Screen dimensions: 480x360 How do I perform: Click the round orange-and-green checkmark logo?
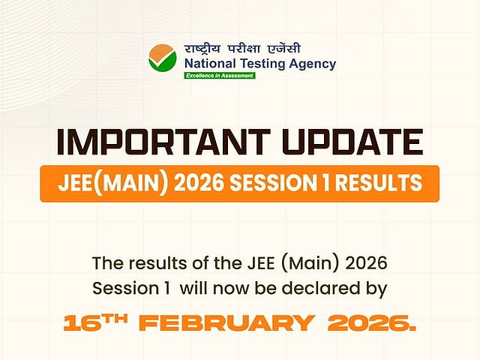click(163, 58)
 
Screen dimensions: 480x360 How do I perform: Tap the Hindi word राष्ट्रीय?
click(202, 49)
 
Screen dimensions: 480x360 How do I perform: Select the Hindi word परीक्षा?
click(244, 49)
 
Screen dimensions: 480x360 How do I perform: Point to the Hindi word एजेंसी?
click(283, 49)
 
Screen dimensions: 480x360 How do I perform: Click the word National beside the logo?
click(210, 64)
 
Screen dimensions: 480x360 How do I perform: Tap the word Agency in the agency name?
click(313, 64)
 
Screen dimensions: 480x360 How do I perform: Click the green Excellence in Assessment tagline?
click(220, 76)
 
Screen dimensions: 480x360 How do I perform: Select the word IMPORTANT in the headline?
click(164, 142)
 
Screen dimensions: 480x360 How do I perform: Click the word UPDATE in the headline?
click(352, 142)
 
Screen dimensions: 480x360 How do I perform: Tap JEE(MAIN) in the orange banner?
click(113, 183)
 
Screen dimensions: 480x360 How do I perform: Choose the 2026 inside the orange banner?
click(199, 183)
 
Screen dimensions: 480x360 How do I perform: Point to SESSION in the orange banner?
click(273, 183)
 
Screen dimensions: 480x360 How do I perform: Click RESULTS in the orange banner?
click(379, 183)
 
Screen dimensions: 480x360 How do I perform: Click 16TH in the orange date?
click(96, 322)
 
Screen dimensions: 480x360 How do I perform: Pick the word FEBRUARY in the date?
click(226, 323)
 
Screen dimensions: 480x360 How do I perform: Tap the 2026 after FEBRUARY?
click(372, 323)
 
